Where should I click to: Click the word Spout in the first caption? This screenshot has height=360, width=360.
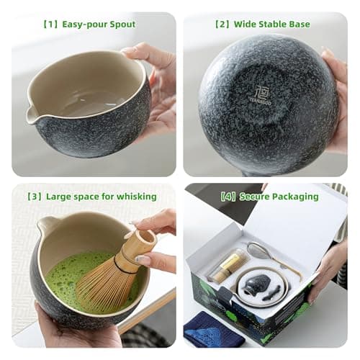[x=120, y=24]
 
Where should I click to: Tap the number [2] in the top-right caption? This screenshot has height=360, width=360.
[x=221, y=24]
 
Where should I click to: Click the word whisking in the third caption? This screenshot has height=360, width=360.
[x=136, y=196]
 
